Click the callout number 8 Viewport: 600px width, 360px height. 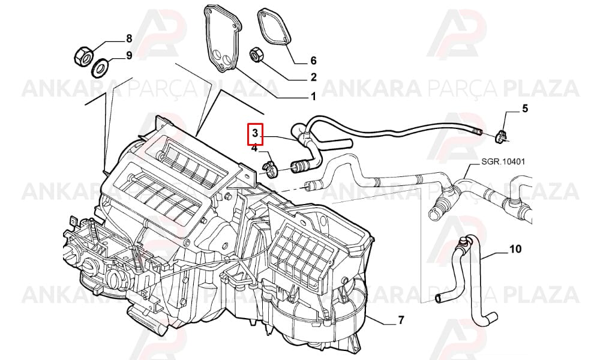pos(129,38)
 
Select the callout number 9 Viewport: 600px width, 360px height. pos(129,55)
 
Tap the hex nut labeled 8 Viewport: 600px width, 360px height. pos(83,56)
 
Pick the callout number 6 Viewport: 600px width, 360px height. pos(313,61)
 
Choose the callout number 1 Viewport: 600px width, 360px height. pos(313,97)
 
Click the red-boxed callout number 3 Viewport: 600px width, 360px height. pos(255,134)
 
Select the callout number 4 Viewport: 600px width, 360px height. pos(255,148)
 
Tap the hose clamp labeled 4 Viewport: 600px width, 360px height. pos(271,170)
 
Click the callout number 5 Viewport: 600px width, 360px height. pos(525,108)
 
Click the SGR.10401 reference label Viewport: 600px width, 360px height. pos(502,161)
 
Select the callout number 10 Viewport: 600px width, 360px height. pos(515,249)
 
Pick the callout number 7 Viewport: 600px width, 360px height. pos(401,320)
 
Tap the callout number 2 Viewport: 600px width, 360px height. pos(313,77)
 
